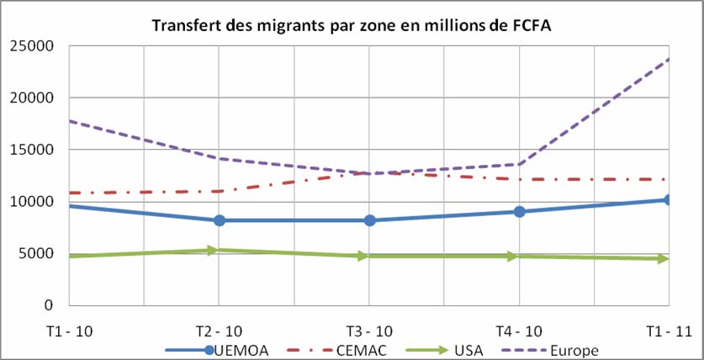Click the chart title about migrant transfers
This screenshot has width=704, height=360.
pyautogui.click(x=352, y=25)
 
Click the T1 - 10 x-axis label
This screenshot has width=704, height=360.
pyautogui.click(x=69, y=330)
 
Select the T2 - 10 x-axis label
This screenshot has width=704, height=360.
pyautogui.click(x=220, y=330)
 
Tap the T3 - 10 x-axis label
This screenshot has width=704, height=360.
pyautogui.click(x=369, y=330)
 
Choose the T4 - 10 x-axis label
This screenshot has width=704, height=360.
pyautogui.click(x=520, y=330)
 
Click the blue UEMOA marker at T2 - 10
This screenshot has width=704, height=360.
pyautogui.click(x=220, y=220)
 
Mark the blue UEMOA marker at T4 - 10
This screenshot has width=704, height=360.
pyautogui.click(x=520, y=211)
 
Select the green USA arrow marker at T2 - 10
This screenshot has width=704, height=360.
pyautogui.click(x=220, y=250)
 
